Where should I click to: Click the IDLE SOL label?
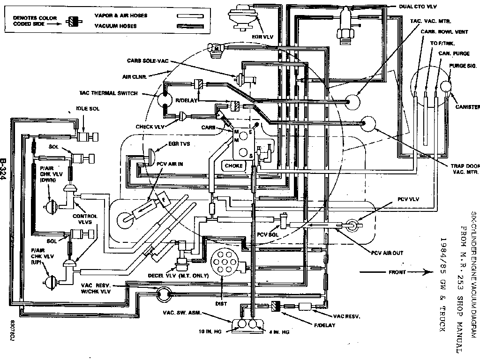(88, 109)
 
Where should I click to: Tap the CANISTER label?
(467, 107)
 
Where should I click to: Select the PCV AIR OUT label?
(387, 253)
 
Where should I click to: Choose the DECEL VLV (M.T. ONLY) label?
(178, 276)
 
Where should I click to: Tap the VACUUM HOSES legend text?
(116, 26)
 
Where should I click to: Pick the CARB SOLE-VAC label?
(147, 61)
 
